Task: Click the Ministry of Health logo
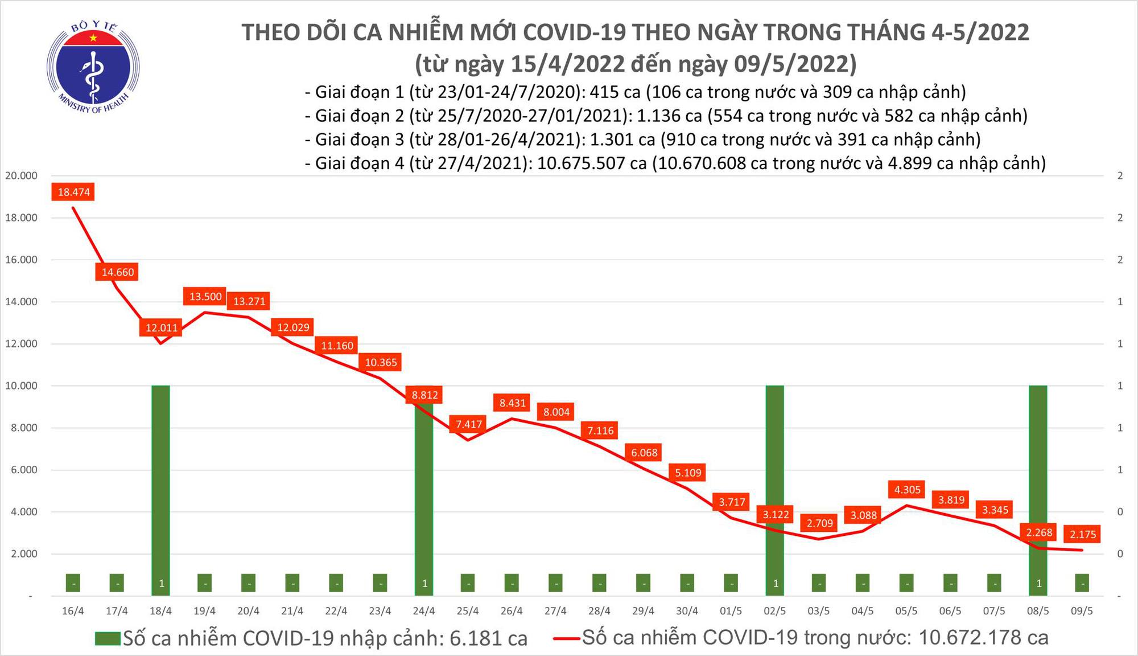pos(93,67)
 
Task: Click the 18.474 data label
pos(73,192)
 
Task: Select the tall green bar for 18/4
pos(161,484)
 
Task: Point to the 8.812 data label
pos(424,395)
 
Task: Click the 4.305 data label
pos(907,489)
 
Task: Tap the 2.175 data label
pos(1082,534)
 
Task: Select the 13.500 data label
pos(205,296)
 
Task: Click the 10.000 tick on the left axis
pos(21,386)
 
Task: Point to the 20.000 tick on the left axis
pos(21,176)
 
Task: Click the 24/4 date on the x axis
pos(424,611)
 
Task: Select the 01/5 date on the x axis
pos(731,611)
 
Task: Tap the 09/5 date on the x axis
pos(1082,611)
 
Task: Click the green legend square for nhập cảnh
pos(108,638)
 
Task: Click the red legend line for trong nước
pos(567,638)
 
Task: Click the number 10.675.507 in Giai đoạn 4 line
pos(592,163)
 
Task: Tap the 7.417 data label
pos(469,424)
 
